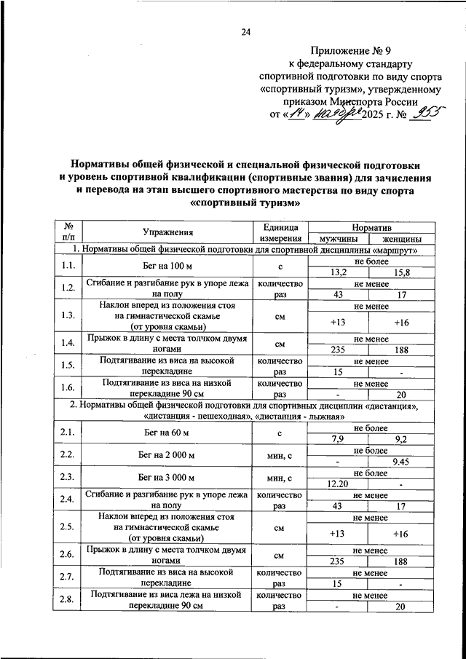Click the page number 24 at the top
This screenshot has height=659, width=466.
coord(246,32)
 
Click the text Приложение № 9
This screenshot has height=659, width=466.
coord(351,51)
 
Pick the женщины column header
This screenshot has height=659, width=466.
coord(394,239)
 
